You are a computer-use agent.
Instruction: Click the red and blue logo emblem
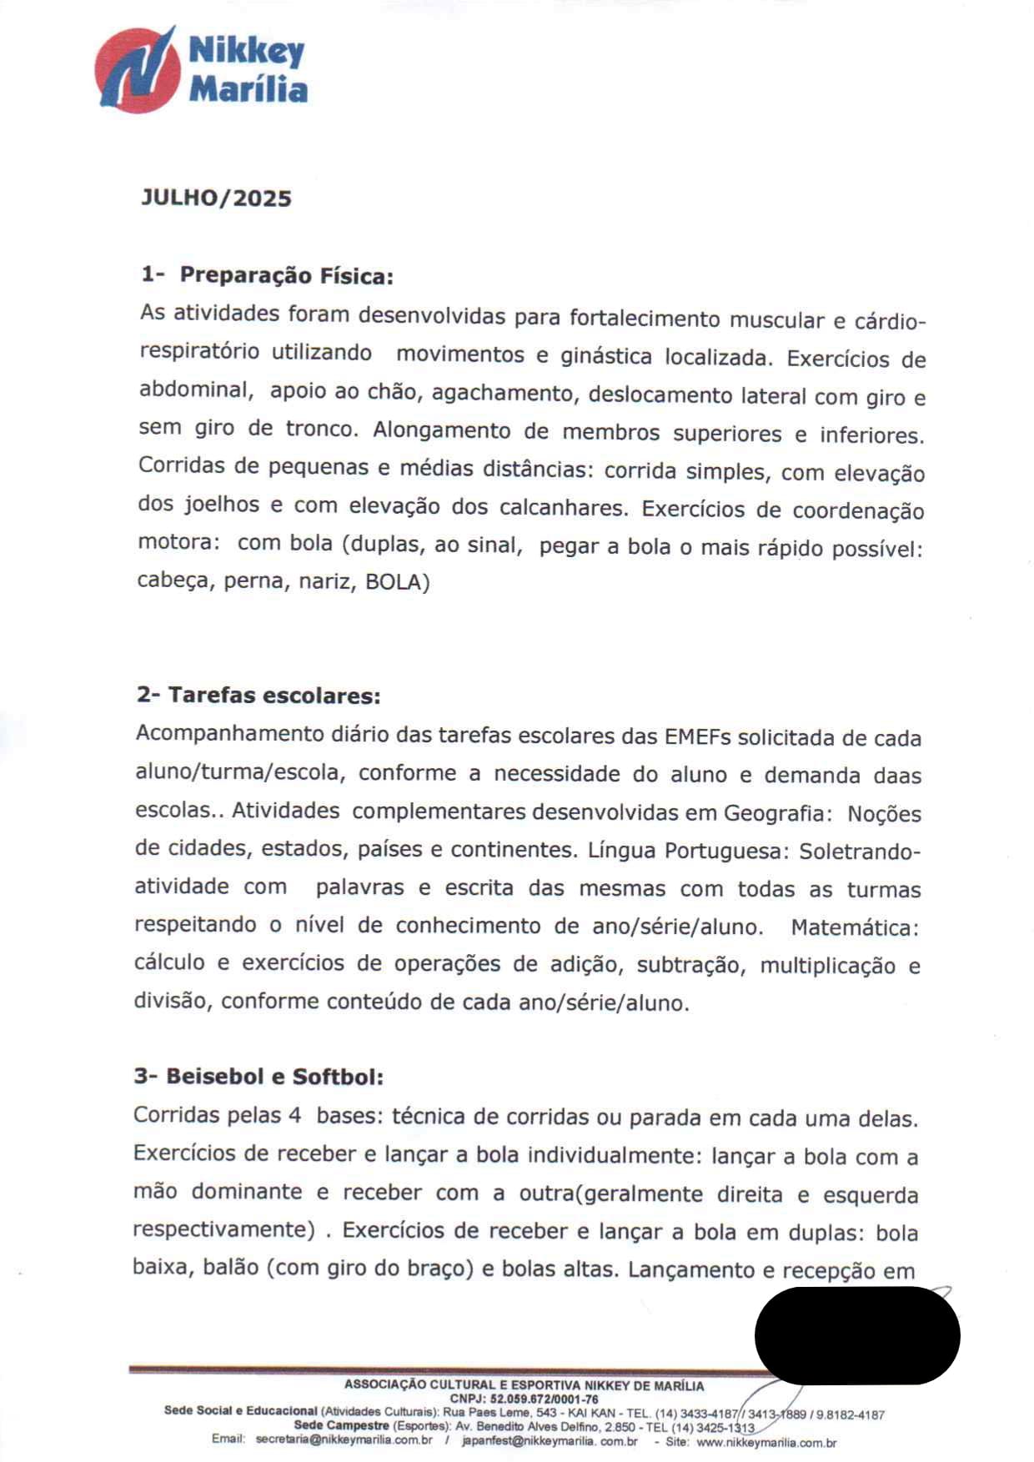point(138,70)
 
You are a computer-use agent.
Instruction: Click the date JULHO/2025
point(216,198)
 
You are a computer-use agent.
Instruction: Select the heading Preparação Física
point(286,275)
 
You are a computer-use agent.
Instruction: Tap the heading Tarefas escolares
point(274,696)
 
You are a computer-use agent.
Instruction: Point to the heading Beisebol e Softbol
point(274,1077)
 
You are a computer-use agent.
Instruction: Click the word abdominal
point(195,389)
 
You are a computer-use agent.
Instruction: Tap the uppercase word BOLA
point(394,582)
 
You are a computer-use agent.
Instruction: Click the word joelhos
point(221,504)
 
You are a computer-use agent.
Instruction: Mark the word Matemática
point(855,927)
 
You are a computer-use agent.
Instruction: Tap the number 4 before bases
point(294,1115)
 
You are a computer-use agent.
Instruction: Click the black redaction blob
point(857,1334)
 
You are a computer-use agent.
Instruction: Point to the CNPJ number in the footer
point(544,1399)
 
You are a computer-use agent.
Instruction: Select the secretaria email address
point(344,1439)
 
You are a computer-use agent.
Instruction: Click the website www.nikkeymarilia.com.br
point(765,1442)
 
